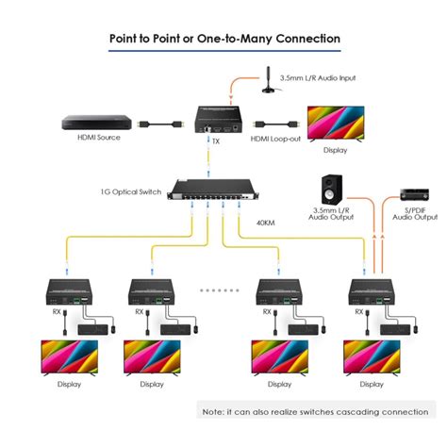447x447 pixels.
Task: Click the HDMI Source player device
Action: click(96, 123)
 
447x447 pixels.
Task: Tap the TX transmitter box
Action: click(220, 120)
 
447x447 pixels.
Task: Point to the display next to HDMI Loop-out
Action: click(336, 124)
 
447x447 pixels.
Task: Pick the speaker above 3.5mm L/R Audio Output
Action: click(332, 190)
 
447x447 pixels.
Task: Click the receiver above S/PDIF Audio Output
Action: click(414, 194)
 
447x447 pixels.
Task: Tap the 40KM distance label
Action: click(266, 223)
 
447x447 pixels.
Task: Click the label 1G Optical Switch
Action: click(131, 191)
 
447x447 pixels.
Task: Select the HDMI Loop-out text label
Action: click(275, 139)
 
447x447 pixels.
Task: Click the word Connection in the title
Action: click(308, 39)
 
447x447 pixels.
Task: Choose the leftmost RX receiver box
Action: click(70, 292)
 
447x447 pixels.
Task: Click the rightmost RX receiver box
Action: click(372, 292)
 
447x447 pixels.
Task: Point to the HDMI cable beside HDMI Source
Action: click(160, 124)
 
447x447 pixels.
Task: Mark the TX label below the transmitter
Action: click(216, 141)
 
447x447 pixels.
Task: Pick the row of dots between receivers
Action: click(220, 290)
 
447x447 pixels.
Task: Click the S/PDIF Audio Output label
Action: click(415, 214)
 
